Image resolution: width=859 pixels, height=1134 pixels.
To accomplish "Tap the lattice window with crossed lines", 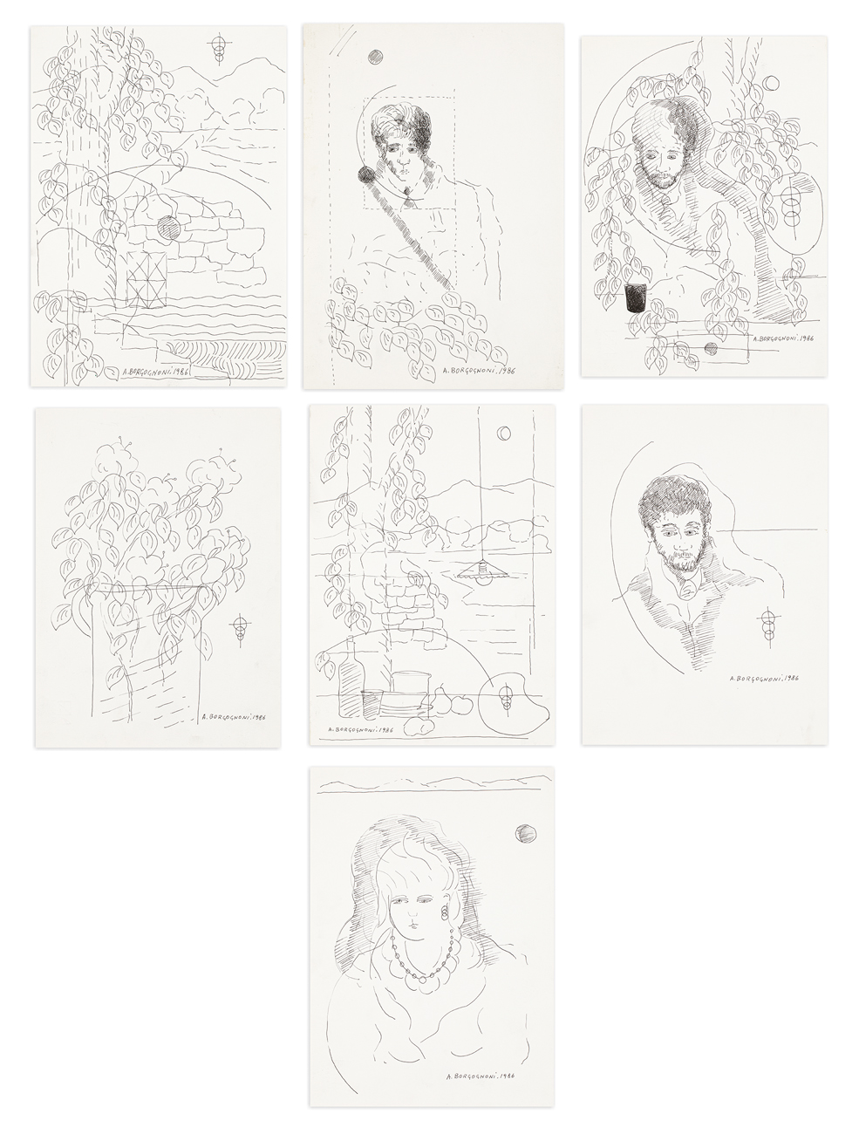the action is [x=147, y=279].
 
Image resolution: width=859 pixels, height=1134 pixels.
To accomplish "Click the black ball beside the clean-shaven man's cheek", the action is [x=366, y=175].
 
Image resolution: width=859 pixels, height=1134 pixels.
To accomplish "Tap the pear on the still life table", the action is [x=440, y=697].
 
